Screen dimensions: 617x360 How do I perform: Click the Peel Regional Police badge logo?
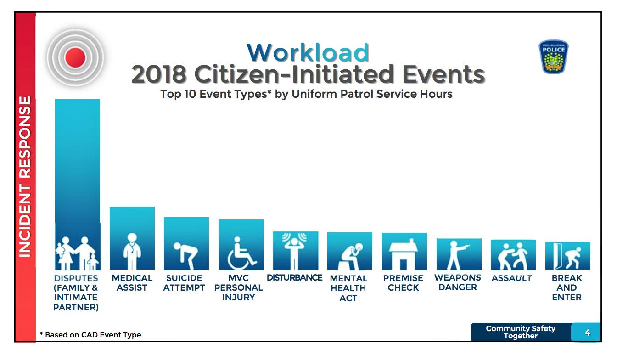tap(554, 56)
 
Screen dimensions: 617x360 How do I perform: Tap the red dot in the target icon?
tap(75, 57)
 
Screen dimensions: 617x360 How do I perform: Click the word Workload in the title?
tap(308, 52)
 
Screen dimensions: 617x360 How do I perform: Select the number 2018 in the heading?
tap(159, 74)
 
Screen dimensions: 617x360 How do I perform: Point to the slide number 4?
tap(588, 333)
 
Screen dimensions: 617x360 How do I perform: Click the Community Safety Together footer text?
tap(521, 332)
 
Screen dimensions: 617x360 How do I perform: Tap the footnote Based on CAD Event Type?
tap(90, 335)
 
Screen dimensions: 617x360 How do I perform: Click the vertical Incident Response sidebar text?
tap(25, 177)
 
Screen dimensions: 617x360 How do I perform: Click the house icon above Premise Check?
tap(404, 254)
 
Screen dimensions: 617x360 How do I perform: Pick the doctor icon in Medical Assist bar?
tap(132, 251)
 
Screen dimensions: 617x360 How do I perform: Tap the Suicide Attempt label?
tap(184, 282)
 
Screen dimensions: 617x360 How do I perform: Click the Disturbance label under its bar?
tap(294, 277)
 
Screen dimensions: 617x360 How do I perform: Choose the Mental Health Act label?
tap(348, 288)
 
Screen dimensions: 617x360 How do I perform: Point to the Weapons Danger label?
tap(458, 282)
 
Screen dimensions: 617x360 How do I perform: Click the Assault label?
tap(512, 278)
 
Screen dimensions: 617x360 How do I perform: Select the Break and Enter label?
tap(567, 287)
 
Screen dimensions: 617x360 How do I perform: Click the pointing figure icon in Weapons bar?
tap(457, 255)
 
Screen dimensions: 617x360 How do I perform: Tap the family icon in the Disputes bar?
tap(77, 253)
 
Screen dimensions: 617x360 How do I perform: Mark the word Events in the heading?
tap(443, 74)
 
